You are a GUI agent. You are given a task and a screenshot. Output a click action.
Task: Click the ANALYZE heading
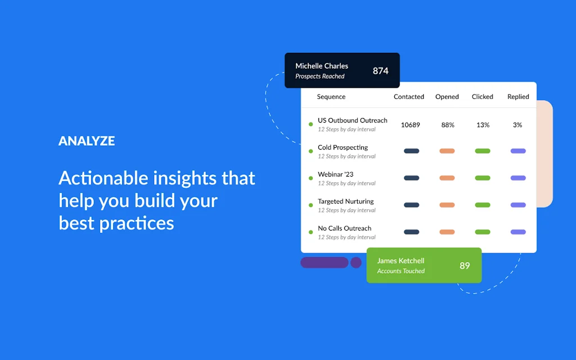(87, 141)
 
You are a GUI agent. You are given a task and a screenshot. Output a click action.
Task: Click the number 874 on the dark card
(380, 71)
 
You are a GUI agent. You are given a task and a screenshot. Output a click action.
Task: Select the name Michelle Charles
(322, 66)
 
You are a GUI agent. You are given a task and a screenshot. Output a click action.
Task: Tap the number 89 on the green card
(465, 265)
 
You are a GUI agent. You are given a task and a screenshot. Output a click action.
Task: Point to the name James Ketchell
(400, 261)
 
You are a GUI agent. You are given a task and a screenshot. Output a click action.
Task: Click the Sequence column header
(331, 97)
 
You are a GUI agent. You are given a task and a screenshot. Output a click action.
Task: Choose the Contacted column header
(409, 97)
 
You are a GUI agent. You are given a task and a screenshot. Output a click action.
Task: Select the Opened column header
(447, 97)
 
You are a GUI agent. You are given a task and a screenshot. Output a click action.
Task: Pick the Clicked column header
(483, 97)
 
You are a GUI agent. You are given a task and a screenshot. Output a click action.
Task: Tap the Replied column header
(518, 97)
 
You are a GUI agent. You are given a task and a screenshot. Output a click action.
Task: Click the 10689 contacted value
(410, 125)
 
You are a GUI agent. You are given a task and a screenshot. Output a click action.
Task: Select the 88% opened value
(448, 125)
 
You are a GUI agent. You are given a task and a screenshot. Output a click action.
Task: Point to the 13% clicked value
(483, 125)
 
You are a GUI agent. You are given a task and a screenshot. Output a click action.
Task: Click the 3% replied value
(517, 125)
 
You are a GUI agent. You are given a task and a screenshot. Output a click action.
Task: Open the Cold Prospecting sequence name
(343, 147)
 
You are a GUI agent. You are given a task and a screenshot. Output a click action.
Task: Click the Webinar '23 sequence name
(335, 174)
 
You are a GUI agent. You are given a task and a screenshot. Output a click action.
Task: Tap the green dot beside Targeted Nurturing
(310, 205)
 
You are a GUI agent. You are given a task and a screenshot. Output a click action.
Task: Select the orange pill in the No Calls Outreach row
(447, 232)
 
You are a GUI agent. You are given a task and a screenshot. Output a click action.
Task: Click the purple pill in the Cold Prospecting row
(518, 151)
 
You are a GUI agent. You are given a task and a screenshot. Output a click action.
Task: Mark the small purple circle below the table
(356, 263)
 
